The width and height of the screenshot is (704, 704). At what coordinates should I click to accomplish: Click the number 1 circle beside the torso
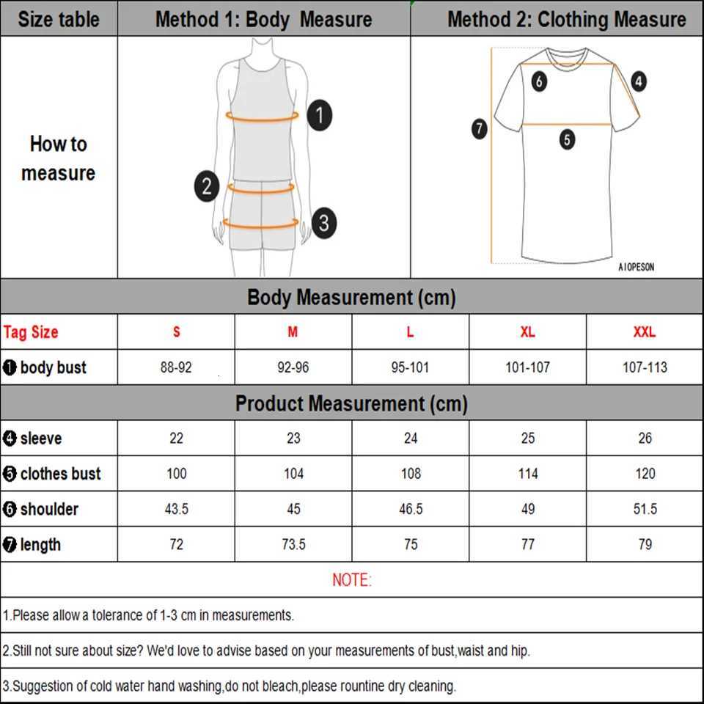point(320,115)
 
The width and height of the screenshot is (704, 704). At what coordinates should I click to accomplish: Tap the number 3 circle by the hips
point(323,223)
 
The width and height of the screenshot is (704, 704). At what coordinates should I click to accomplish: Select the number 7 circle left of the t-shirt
point(479,130)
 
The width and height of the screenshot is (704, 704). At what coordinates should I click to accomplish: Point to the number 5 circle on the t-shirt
point(567,139)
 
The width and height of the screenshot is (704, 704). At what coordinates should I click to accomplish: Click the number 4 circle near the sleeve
point(639,81)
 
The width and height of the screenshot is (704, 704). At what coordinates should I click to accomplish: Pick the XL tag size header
point(527,332)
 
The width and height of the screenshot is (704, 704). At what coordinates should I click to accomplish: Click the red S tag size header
point(176,332)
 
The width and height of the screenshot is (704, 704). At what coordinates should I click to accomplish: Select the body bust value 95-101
point(410,367)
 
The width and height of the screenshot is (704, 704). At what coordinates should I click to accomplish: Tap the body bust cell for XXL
point(645,367)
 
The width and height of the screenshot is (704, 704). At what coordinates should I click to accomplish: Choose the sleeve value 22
point(176,439)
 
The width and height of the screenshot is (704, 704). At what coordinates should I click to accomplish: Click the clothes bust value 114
point(527,474)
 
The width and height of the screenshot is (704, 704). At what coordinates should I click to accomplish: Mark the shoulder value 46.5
point(411,509)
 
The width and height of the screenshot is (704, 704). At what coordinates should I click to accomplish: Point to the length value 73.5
point(293,545)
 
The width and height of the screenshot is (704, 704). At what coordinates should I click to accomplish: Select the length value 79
point(645,545)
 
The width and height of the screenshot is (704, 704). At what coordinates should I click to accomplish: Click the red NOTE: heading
point(352,580)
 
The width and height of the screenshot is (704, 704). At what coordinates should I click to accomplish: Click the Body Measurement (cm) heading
point(351,298)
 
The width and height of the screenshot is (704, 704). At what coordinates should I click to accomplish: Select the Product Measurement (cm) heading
point(351,403)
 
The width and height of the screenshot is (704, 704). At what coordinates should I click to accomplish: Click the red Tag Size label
point(31,332)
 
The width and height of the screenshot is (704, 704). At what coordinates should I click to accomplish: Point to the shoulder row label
point(48,509)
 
